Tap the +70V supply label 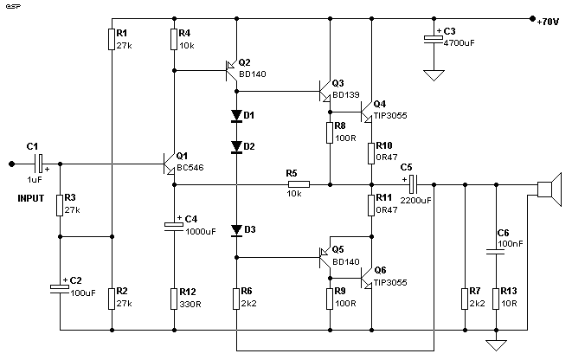coord(548,22)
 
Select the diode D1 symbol coord(236,116)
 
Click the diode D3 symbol coord(236,230)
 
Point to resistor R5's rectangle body coord(299,184)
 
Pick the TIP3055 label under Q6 coord(390,283)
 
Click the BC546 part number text coord(190,168)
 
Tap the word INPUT coord(30,198)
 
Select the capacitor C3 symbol coord(434,39)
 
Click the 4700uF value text coord(459,43)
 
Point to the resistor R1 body coord(112,39)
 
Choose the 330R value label coord(190,304)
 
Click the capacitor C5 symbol coord(413,184)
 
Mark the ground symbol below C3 coord(434,75)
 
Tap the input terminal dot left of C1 coord(11,164)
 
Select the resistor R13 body coord(496,299)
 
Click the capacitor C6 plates coord(496,251)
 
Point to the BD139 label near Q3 coord(346,95)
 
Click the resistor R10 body coord(371,153)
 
